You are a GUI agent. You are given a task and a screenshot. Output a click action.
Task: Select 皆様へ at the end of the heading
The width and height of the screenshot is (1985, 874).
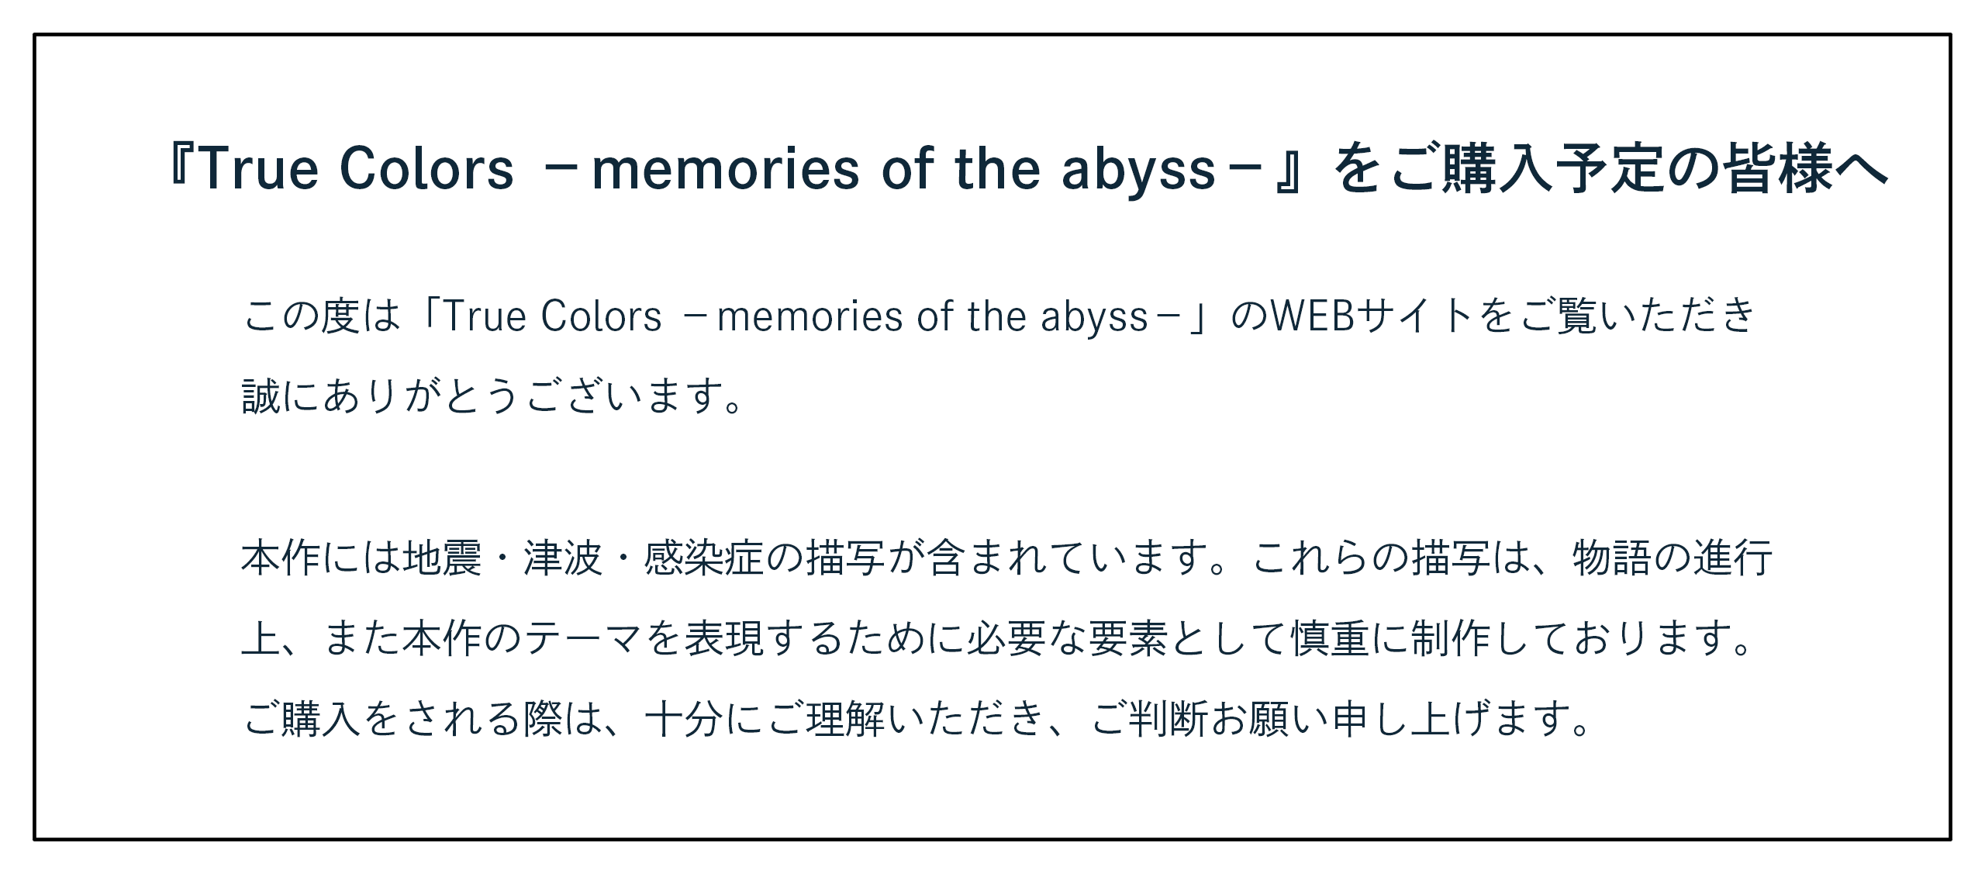[1807, 168]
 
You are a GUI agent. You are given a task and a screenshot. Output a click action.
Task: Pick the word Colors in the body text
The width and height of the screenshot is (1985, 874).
[602, 316]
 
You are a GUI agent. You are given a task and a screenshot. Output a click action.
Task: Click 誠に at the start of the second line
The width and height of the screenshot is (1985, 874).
[280, 396]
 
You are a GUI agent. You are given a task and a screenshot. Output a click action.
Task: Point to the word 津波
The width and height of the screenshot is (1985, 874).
[563, 558]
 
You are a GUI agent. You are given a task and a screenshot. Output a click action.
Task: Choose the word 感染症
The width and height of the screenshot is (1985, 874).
[704, 558]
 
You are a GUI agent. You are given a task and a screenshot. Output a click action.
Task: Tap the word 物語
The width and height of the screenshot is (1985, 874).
[1611, 558]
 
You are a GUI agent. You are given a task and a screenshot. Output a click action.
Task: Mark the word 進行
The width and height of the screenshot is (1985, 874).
[1732, 558]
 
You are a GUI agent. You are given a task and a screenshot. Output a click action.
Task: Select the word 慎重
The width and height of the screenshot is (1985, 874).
[1331, 638]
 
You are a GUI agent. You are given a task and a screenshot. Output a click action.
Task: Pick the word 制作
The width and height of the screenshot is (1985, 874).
[1451, 638]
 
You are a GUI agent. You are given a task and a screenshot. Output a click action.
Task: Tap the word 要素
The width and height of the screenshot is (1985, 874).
[1128, 638]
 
